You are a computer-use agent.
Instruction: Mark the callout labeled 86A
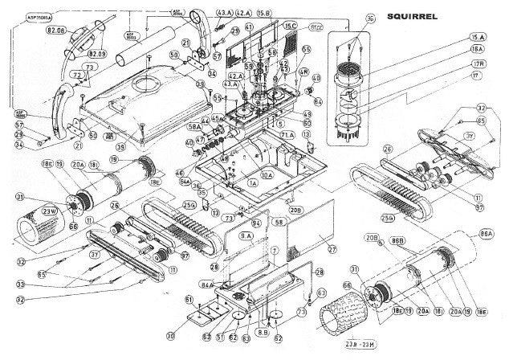[487, 232]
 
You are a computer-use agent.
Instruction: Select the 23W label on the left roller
[49, 211]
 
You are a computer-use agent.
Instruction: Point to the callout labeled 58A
[194, 125]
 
